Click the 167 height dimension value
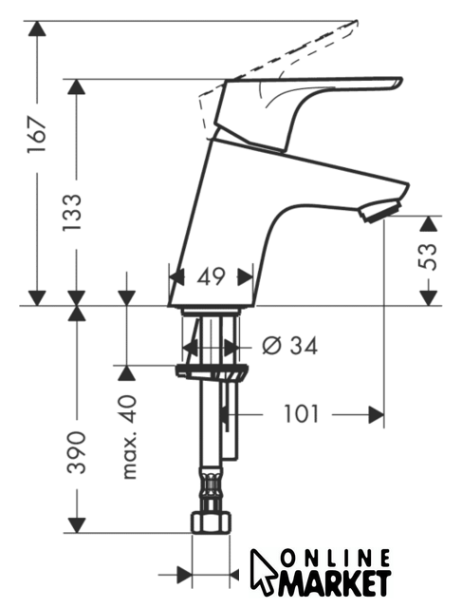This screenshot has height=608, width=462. click(37, 134)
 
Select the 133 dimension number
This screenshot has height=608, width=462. click(72, 212)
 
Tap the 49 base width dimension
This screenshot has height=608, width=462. click(211, 277)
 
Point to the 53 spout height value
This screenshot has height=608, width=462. click(428, 256)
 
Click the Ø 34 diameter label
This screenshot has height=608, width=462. click(289, 346)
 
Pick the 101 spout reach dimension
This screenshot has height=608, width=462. click(302, 414)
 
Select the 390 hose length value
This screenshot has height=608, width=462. click(76, 452)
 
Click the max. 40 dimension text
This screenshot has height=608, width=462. click(129, 437)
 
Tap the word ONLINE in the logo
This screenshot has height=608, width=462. click(335, 560)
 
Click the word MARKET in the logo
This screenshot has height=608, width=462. click(334, 583)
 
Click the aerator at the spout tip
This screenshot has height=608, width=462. click(379, 210)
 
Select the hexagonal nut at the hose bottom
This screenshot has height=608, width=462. click(212, 522)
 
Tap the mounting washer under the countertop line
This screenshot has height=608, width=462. click(212, 370)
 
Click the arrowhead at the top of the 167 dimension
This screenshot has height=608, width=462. click(37, 28)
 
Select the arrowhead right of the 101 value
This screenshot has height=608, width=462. click(376, 415)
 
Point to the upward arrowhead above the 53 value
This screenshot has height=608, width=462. click(429, 224)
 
